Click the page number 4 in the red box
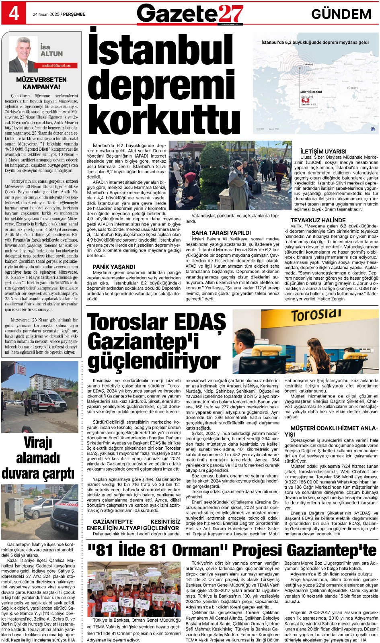(x=13, y=13)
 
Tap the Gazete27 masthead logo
(x=190, y=14)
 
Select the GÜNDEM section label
(x=341, y=14)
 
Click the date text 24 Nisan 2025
(x=46, y=14)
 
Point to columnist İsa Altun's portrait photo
(x=23, y=54)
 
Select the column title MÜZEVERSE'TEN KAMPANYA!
(x=41, y=83)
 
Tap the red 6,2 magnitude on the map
(x=306, y=100)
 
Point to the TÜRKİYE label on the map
(x=352, y=88)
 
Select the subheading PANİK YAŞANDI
(x=114, y=266)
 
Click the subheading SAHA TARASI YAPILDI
(x=221, y=232)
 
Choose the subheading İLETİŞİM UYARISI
(x=323, y=151)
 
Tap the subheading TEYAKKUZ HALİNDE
(x=318, y=220)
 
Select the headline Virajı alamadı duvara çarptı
(x=38, y=458)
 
